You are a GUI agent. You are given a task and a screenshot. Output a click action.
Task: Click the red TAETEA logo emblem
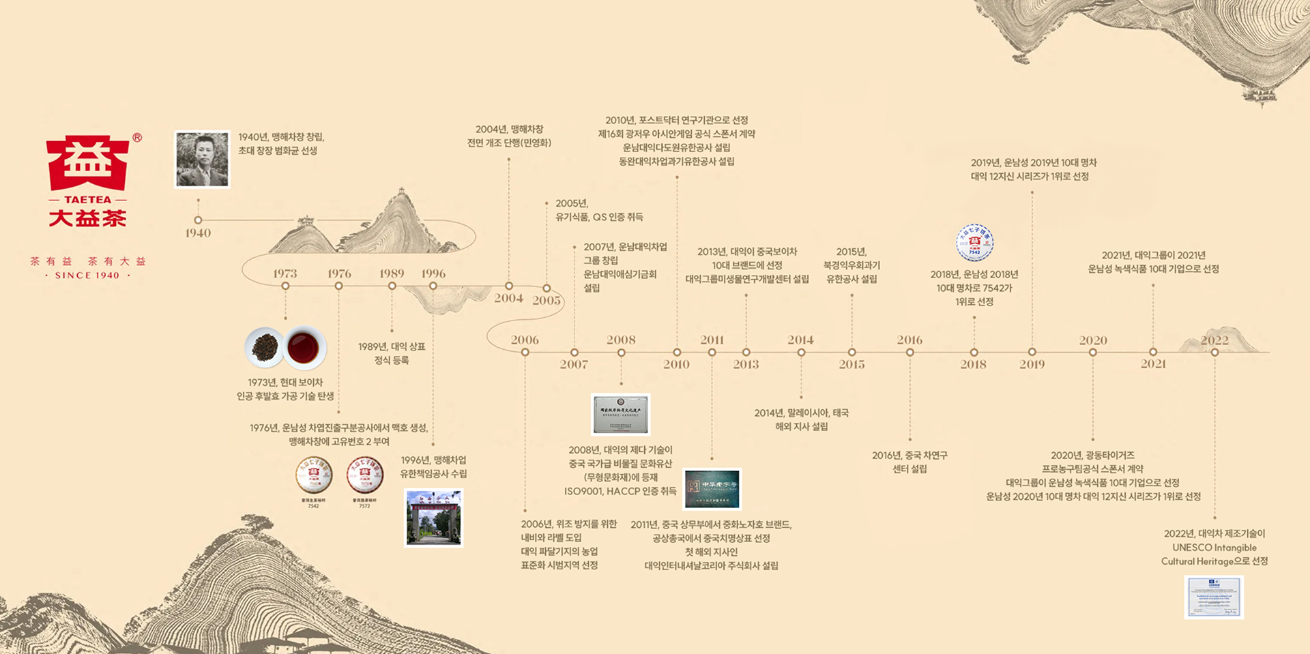[87, 164]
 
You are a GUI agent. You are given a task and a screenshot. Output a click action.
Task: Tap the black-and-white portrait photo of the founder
[202, 160]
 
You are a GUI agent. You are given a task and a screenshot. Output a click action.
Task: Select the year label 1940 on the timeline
[198, 233]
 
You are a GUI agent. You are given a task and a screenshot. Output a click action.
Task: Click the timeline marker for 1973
[285, 286]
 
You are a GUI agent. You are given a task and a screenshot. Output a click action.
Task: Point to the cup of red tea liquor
[304, 348]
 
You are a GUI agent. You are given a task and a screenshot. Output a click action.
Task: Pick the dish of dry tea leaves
[265, 348]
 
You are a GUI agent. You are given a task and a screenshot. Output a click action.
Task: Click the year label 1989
[392, 273]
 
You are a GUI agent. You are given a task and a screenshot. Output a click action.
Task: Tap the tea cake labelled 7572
[365, 475]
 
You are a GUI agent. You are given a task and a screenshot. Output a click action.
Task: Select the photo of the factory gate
[434, 518]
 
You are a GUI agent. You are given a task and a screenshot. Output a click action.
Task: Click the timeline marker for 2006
[525, 353]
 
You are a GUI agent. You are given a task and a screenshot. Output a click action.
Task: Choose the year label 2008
[621, 340]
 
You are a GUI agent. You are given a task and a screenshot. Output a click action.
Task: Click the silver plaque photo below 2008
[621, 414]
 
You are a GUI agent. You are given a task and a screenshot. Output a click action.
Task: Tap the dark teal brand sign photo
[712, 488]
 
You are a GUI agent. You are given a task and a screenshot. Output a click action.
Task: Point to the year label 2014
[800, 340]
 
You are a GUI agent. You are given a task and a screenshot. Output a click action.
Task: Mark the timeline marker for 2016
[909, 353]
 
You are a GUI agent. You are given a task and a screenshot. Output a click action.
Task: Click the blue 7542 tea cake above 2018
[974, 243]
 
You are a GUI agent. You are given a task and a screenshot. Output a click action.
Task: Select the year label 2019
[1032, 364]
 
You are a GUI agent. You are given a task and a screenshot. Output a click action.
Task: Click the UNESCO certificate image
[1214, 597]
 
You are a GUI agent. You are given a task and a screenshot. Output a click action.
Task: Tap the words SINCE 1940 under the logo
[87, 276]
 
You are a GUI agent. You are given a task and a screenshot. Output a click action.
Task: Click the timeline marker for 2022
[1214, 353]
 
